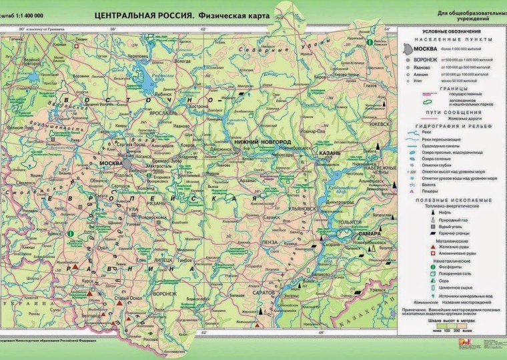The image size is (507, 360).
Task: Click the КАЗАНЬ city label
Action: coord(330,153)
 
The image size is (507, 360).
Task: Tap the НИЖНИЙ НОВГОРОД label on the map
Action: coord(262,143)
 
